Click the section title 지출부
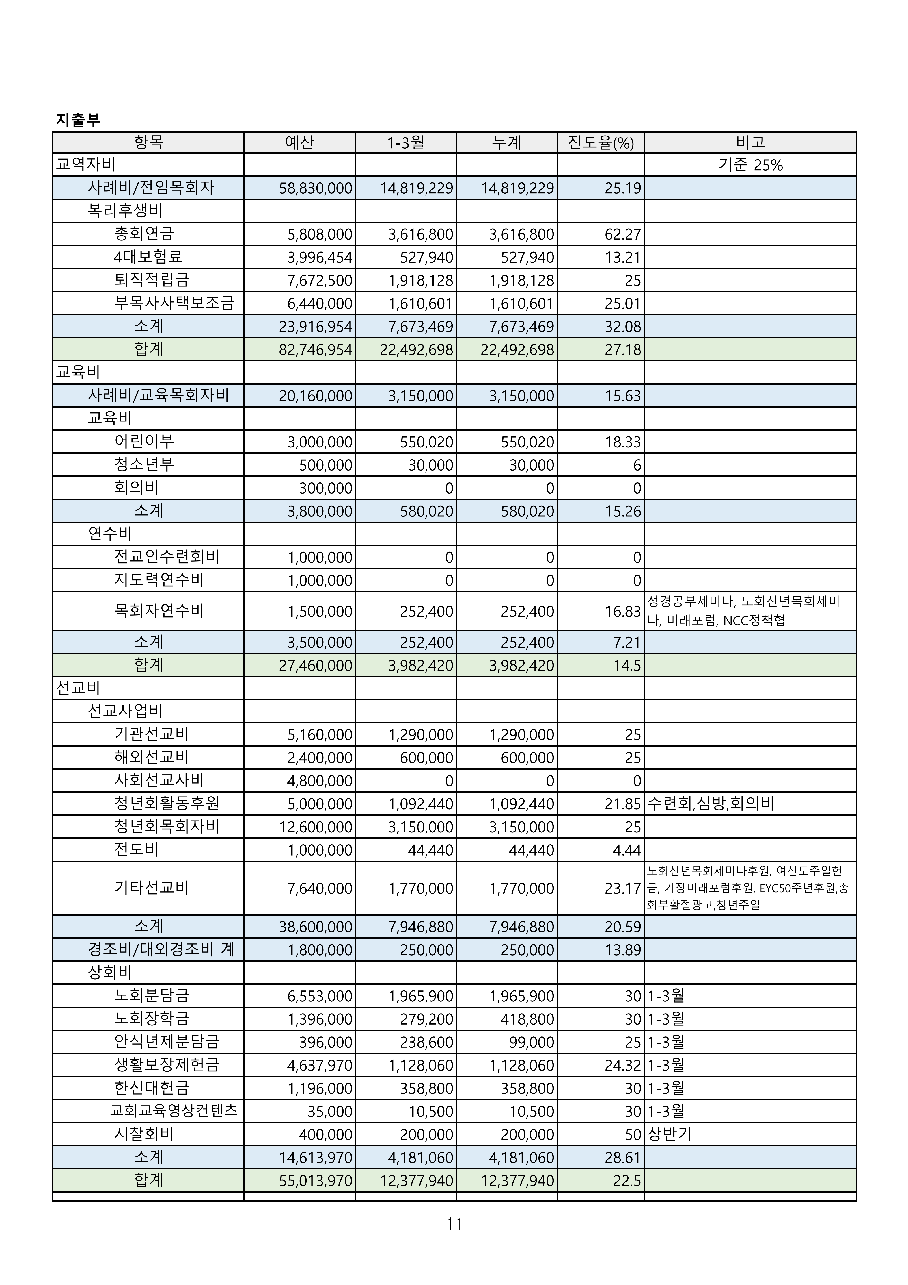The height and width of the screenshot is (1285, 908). tap(78, 120)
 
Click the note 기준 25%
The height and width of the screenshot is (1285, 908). tap(750, 165)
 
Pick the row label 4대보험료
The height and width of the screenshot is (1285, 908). tap(148, 257)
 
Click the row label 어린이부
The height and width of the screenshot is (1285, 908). tap(144, 442)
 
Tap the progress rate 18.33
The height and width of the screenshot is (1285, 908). tap(623, 442)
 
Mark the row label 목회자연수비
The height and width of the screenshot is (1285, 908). tap(159, 611)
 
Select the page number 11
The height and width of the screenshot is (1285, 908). tap(454, 1225)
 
